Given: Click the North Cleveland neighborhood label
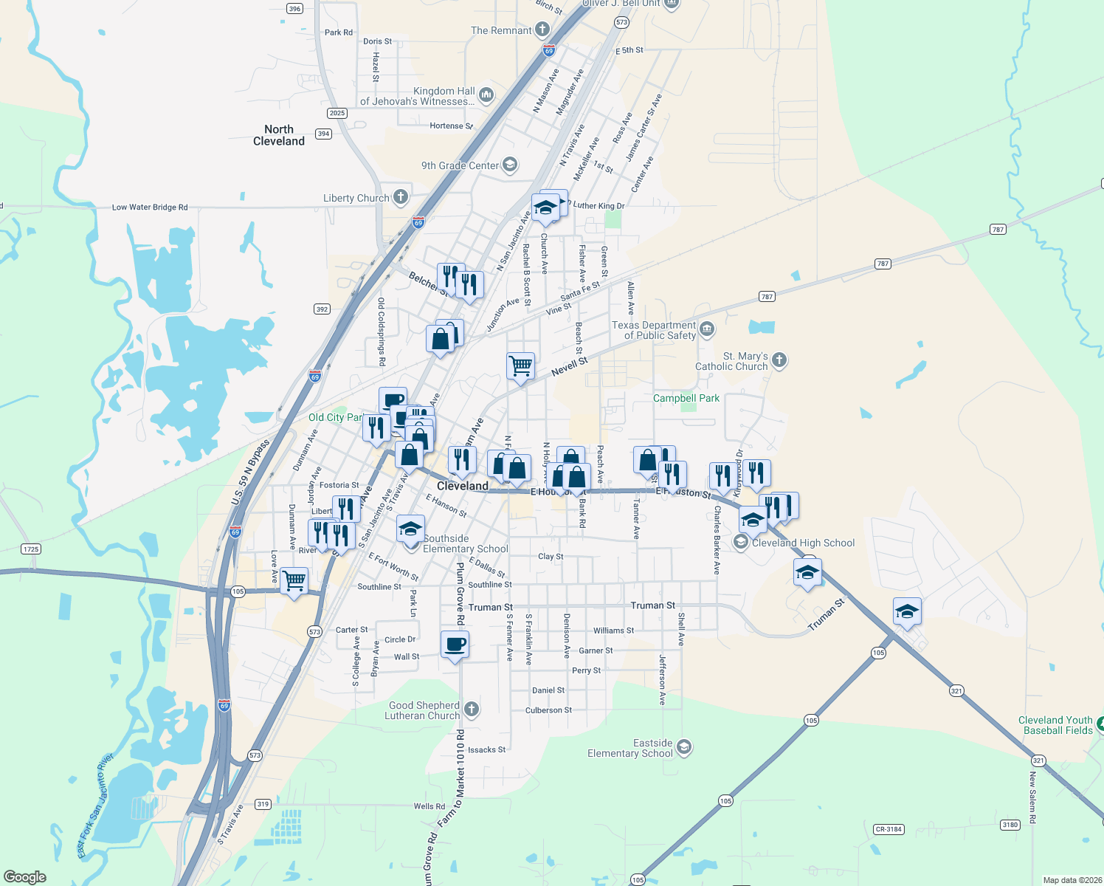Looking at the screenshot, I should pyautogui.click(x=279, y=135).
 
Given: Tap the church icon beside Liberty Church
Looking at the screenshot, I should pyautogui.click(x=401, y=196).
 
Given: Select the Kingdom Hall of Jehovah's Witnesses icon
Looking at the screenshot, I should pyautogui.click(x=486, y=95).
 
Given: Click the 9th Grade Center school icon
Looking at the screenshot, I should pyautogui.click(x=510, y=165).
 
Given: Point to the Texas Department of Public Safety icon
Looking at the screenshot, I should pyautogui.click(x=707, y=329).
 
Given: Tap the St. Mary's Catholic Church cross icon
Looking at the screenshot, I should pyautogui.click(x=779, y=360).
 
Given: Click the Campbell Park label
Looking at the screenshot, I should pyautogui.click(x=686, y=398).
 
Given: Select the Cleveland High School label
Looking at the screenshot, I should pyautogui.click(x=803, y=543).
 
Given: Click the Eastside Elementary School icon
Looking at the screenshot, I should pyautogui.click(x=684, y=747).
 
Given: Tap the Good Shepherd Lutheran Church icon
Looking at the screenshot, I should pyautogui.click(x=472, y=710).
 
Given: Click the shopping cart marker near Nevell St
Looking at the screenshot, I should pyautogui.click(x=521, y=365).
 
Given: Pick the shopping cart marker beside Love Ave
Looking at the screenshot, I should pyautogui.click(x=294, y=580).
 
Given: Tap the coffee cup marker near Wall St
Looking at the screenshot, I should pyautogui.click(x=455, y=644).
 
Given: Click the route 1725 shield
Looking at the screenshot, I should pyautogui.click(x=31, y=549).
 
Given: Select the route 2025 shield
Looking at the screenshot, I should pyautogui.click(x=337, y=113).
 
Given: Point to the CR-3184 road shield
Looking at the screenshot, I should pyautogui.click(x=889, y=829).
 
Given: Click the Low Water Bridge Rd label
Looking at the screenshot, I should pyautogui.click(x=150, y=207).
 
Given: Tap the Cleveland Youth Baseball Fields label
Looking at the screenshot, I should pyautogui.click(x=1056, y=725).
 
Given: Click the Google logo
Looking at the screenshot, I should pyautogui.click(x=25, y=877).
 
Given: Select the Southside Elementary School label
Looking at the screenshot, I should pyautogui.click(x=465, y=543).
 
